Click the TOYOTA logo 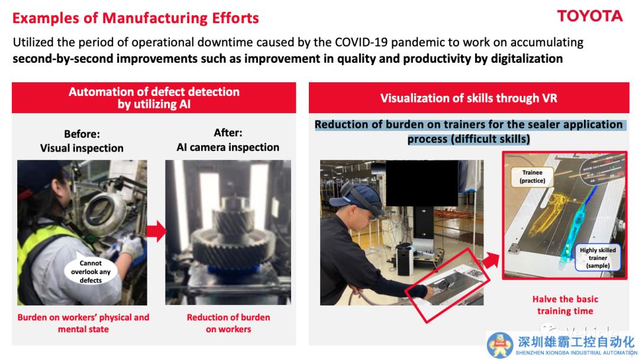click(590, 17)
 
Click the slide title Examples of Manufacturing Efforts click(135, 18)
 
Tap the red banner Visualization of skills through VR click(469, 98)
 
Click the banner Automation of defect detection click(154, 98)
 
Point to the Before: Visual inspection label click(82, 141)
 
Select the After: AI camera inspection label click(228, 140)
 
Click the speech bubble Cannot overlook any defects click(91, 271)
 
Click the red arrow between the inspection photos click(156, 231)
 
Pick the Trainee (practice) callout click(532, 176)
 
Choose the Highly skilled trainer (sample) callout click(598, 258)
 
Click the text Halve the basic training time click(565, 305)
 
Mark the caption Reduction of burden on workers click(228, 323)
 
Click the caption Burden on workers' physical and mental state click(83, 323)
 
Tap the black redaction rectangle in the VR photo click(421, 183)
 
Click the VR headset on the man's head click(361, 200)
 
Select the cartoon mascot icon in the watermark click(500, 345)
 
